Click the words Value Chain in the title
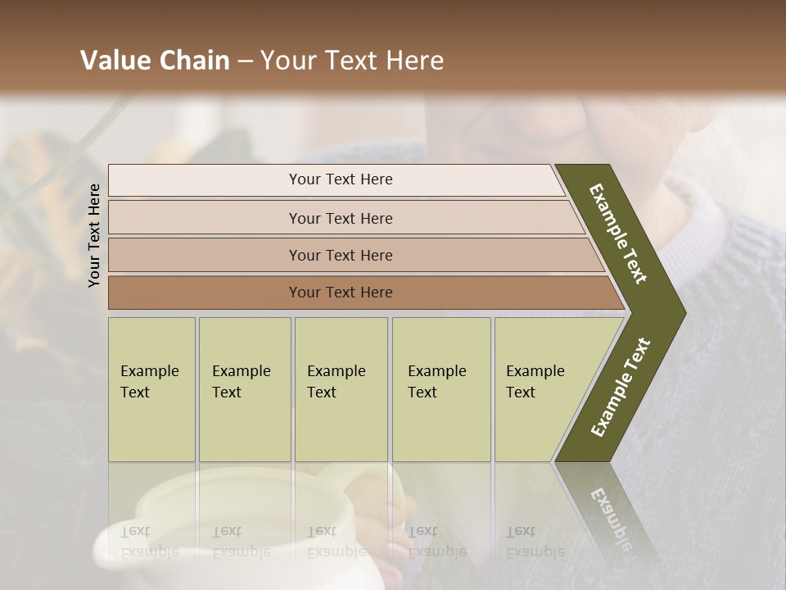pos(155,61)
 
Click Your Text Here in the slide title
pos(352,61)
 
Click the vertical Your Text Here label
pos(94,235)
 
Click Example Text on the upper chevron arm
pos(618,234)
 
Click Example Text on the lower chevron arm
pos(621,388)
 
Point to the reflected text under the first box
pos(150,542)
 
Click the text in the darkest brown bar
pos(341,293)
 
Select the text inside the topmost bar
pos(341,179)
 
